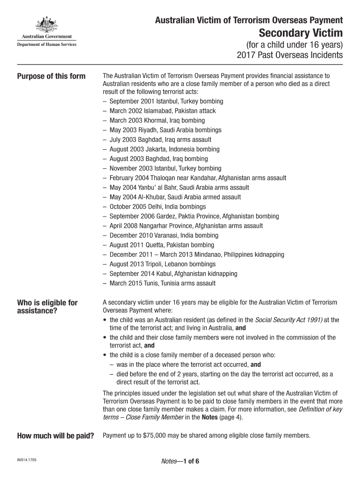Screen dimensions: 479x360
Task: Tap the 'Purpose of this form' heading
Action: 51,76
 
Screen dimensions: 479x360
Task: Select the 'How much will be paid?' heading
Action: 56,436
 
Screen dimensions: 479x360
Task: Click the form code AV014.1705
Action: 27,460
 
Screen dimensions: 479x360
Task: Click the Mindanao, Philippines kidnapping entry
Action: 197,254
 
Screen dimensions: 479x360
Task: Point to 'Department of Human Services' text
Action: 46,44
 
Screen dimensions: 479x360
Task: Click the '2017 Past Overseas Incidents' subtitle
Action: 290,56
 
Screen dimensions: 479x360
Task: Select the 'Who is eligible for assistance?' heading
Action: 47,306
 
